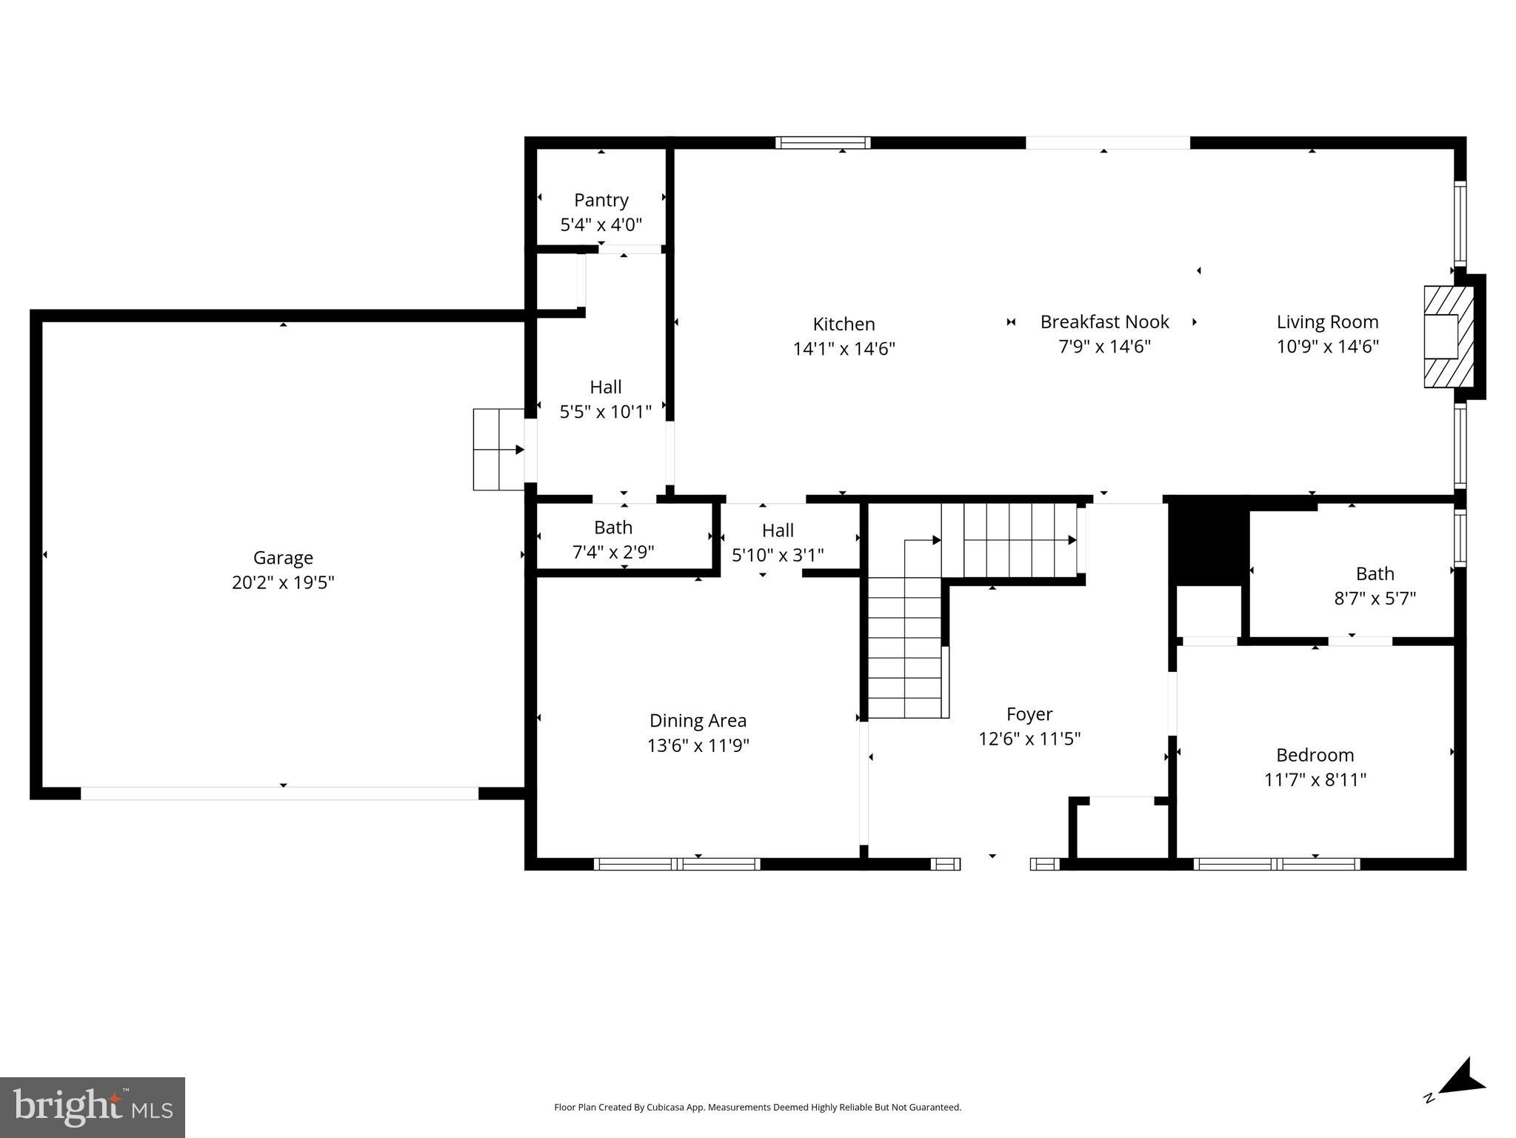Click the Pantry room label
click(x=601, y=200)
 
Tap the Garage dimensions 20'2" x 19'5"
click(x=283, y=582)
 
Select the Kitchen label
click(x=844, y=324)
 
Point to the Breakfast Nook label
click(x=1104, y=322)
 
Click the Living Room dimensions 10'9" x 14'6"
click(x=1327, y=346)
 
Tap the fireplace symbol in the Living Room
click(x=1448, y=336)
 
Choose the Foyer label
click(x=1029, y=713)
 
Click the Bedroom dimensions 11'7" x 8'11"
click(x=1315, y=779)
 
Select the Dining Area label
click(x=698, y=720)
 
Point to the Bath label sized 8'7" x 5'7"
click(x=1375, y=573)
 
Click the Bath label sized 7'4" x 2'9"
click(x=612, y=528)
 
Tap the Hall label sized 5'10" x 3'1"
click(x=778, y=530)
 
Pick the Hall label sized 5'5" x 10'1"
click(x=605, y=387)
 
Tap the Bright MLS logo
click(x=93, y=1107)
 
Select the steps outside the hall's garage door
click(x=498, y=449)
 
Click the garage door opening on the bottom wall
click(x=279, y=793)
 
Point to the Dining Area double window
click(x=676, y=863)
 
